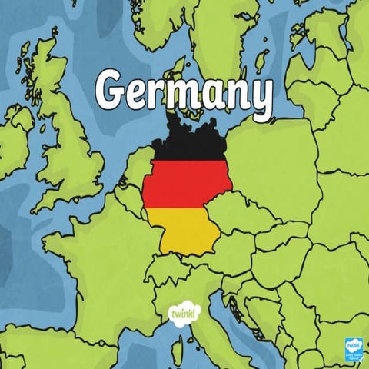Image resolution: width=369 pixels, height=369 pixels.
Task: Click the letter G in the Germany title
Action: click(113, 91)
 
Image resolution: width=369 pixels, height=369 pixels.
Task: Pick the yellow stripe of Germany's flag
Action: click(184, 231)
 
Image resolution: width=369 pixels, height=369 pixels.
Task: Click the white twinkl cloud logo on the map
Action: click(183, 312)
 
